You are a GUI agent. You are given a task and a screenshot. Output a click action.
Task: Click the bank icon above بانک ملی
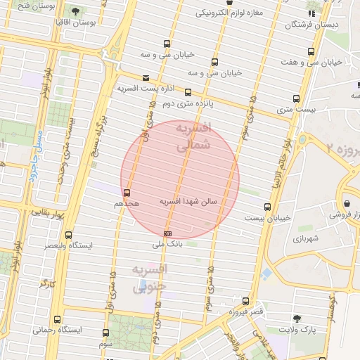(x=167, y=233)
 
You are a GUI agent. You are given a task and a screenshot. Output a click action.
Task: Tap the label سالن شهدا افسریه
(x=189, y=202)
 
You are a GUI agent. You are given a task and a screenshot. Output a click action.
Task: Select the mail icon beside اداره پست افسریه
(x=146, y=78)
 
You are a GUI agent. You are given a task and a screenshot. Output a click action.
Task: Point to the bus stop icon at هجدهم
(x=127, y=192)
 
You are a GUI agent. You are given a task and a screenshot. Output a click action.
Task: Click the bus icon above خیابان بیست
(x=267, y=207)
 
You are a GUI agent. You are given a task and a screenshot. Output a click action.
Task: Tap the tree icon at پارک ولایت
(x=295, y=318)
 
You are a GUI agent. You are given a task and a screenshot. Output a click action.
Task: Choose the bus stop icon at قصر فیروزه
(x=245, y=300)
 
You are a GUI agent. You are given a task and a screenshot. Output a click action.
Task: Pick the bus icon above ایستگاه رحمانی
(x=57, y=319)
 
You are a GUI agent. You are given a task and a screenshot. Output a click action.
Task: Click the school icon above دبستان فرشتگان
(x=311, y=13)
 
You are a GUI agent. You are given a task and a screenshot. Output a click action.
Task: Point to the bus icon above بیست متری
(x=296, y=98)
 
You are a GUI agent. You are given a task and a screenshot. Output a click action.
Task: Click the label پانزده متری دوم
(x=187, y=103)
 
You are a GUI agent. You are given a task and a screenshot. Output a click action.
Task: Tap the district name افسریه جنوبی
(x=150, y=278)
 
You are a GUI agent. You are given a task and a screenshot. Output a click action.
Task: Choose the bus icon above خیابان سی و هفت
(x=311, y=51)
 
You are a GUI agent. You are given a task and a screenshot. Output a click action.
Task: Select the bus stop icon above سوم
(x=105, y=333)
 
